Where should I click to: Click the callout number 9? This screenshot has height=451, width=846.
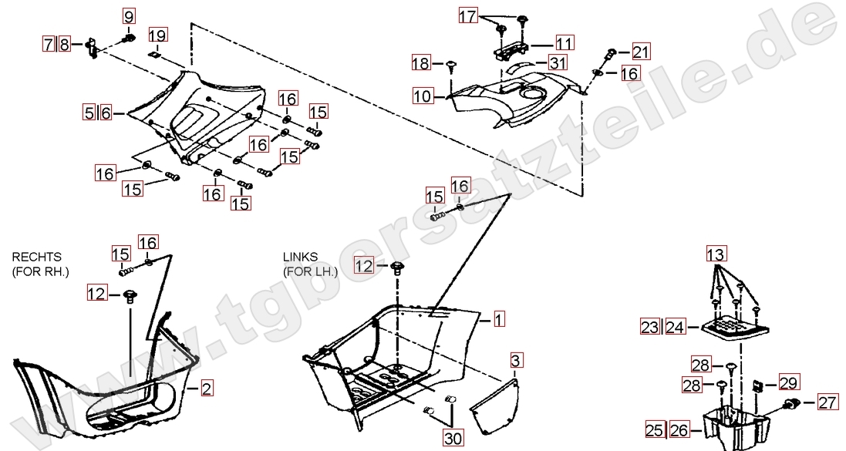click(129, 17)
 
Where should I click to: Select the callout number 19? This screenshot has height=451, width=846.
click(157, 35)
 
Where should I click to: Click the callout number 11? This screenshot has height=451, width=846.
click(565, 43)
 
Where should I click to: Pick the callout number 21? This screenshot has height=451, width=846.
click(641, 52)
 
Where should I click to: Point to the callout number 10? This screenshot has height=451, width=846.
click(423, 96)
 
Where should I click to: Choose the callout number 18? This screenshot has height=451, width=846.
click(421, 63)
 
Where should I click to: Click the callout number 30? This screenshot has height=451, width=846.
click(453, 438)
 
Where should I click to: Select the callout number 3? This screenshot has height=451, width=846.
click(516, 360)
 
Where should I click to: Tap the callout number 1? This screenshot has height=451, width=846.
click(500, 319)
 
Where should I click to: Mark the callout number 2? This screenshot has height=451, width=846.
click(207, 388)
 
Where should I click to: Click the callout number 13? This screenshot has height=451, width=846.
click(716, 254)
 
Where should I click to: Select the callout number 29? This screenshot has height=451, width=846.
click(789, 382)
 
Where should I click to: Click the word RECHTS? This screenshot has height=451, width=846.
click(37, 257)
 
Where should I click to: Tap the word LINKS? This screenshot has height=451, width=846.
click(301, 257)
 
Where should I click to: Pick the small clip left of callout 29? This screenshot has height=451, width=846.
click(757, 386)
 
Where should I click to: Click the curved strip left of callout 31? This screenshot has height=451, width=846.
click(522, 67)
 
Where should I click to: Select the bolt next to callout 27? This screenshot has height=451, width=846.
click(792, 402)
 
